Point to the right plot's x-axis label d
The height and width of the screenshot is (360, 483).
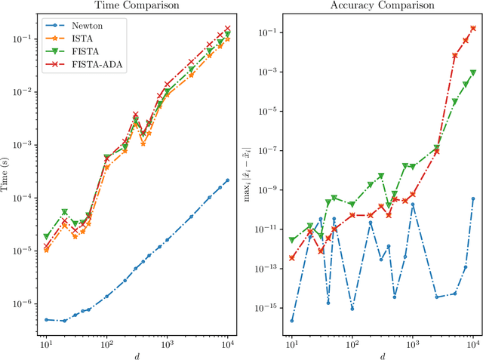381,355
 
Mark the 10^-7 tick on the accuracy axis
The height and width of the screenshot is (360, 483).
268,150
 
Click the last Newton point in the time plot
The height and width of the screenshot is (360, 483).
228,180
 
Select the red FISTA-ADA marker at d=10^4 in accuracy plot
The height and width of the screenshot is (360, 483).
473,28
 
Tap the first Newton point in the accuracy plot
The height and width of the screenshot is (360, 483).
291,321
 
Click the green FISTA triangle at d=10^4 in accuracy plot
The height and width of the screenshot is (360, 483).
473,73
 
